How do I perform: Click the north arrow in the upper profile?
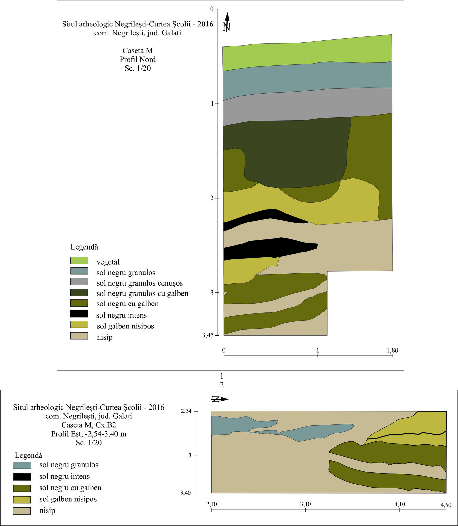(x=227, y=23)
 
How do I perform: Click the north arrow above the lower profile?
(x=220, y=399)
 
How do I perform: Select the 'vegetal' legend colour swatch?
(x=79, y=260)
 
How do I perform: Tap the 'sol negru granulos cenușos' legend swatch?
(x=79, y=282)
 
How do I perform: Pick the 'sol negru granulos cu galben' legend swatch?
(x=79, y=292)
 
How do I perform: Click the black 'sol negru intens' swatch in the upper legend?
(x=79, y=314)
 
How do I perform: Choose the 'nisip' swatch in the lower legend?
(x=22, y=511)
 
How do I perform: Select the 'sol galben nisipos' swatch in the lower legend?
(x=22, y=500)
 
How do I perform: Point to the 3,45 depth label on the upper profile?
(x=208, y=335)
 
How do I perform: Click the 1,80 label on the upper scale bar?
(x=393, y=350)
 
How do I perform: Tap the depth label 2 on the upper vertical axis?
(x=212, y=198)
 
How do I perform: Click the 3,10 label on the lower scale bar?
(x=306, y=504)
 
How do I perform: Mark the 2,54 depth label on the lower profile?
(x=186, y=411)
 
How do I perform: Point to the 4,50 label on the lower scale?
(x=446, y=505)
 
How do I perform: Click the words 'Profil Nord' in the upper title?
(x=138, y=59)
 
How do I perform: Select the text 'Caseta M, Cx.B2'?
(x=89, y=425)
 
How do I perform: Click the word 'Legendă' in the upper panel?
(x=84, y=247)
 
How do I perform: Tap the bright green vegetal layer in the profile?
(x=306, y=53)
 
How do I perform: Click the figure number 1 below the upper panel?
(x=222, y=376)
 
